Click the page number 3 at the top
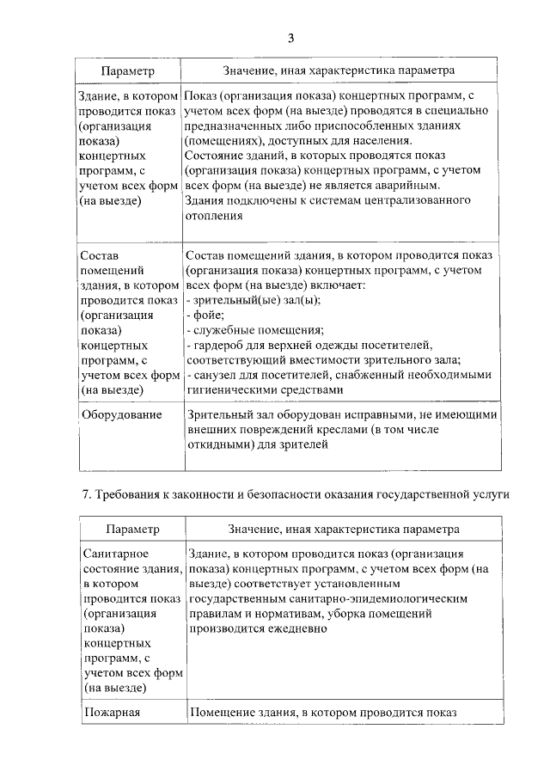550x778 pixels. [x=290, y=37]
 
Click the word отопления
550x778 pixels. [x=215, y=216]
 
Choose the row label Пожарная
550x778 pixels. [x=112, y=712]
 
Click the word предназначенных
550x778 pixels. [x=235, y=124]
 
